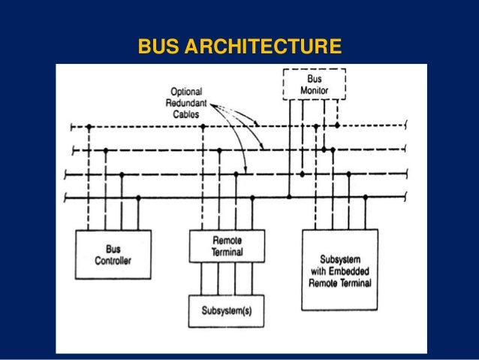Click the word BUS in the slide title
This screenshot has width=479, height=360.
[158, 49]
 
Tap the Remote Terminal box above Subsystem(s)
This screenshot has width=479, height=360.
[226, 246]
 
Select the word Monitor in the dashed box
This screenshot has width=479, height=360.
[315, 90]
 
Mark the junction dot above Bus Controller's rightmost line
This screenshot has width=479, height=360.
[138, 198]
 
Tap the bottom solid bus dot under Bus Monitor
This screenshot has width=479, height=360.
[289, 198]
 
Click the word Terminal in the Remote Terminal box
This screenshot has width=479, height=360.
[226, 253]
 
